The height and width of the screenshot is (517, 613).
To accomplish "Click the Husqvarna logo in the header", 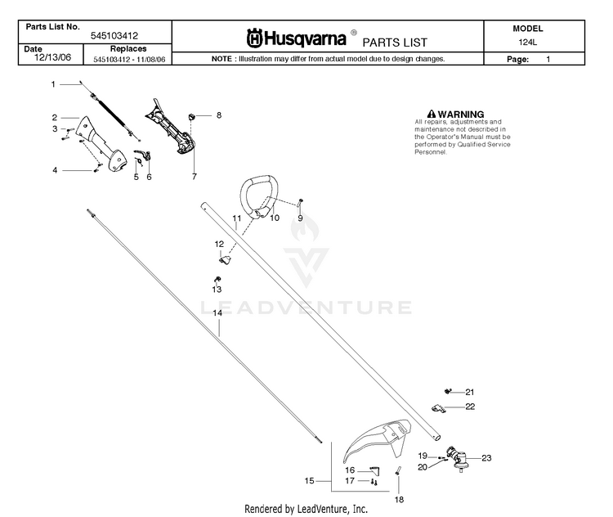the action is coord(296,38).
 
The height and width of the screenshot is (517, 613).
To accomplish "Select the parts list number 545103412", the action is coord(114,36).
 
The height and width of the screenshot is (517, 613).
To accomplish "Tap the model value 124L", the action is coord(527,43).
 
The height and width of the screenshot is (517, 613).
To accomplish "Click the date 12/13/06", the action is coord(53,57).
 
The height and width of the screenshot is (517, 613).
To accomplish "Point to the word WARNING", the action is coord(460,115).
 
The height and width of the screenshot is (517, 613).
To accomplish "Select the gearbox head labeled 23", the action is coord(457,459).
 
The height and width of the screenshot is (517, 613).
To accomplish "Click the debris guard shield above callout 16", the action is coord(378,439).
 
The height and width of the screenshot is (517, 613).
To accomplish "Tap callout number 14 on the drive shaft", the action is coord(217,312).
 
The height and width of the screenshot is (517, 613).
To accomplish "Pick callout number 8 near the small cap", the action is coord(219,115).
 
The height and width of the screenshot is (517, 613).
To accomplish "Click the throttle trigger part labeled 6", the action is coord(143,155).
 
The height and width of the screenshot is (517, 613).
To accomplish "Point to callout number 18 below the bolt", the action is coord(399,499).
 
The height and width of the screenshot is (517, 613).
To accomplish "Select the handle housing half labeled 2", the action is coord(101,145).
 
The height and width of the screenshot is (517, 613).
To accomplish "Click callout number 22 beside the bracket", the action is coord(470,407).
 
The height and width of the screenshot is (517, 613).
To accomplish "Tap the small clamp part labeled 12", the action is coord(225,259).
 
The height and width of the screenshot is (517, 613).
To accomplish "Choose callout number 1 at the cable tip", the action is coord(53,84).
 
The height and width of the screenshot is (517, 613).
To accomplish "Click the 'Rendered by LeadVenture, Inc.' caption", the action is coord(306,509).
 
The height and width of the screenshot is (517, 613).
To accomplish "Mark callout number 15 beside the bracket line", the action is coord(309,481).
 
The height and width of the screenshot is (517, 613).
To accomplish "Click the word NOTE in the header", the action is coord(221,59).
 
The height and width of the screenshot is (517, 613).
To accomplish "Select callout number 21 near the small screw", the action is coord(469,392).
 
